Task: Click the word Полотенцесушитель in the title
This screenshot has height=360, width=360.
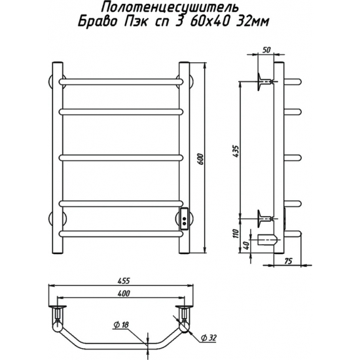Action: pyautogui.click(x=170, y=8)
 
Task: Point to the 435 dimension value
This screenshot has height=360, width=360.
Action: pyautogui.click(x=236, y=151)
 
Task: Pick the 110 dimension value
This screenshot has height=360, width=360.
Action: pyautogui.click(x=236, y=234)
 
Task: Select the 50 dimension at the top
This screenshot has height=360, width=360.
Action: pyautogui.click(x=266, y=50)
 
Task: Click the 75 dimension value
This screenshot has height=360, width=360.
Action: pyautogui.click(x=288, y=261)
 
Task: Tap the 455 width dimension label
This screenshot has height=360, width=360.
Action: pyautogui.click(x=124, y=281)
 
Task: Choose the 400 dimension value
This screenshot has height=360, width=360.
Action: pyautogui.click(x=124, y=293)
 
